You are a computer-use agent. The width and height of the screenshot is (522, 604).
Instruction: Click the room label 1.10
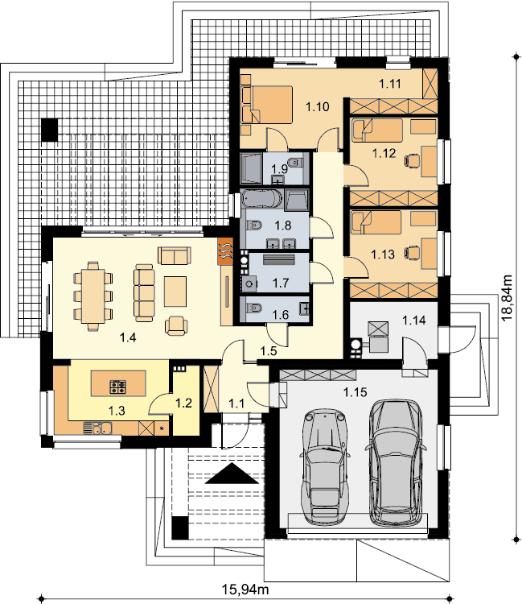pos(318,106)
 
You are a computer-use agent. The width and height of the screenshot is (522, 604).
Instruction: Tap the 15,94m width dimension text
pos(245,590)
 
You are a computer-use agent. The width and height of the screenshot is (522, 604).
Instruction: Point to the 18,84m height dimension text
pos(508,297)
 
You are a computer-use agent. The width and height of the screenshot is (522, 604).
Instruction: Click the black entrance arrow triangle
pos(232,474)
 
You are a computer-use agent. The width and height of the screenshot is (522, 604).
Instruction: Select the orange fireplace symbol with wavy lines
pos(225,250)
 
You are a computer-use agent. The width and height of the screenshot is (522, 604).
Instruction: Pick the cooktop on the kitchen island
pos(118,387)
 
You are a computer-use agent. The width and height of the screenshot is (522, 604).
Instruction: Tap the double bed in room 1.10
pos(266,105)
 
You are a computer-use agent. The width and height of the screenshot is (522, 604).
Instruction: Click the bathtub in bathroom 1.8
pos(262,200)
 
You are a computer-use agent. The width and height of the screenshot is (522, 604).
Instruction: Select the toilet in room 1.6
pos(253,308)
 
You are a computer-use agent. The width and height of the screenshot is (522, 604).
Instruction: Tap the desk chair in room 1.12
pos(412,160)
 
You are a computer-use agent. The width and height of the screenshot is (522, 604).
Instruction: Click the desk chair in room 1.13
pos(412,252)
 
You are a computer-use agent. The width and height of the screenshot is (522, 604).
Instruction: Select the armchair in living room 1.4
pos(176,325)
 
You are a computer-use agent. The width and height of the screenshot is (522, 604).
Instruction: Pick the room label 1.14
pos(414,320)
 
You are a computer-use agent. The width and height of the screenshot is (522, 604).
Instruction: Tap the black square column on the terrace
pos(50,130)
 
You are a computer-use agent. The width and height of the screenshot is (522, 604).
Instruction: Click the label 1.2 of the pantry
pos(183,403)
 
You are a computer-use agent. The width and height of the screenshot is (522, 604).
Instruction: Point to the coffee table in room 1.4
pos(175,292)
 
